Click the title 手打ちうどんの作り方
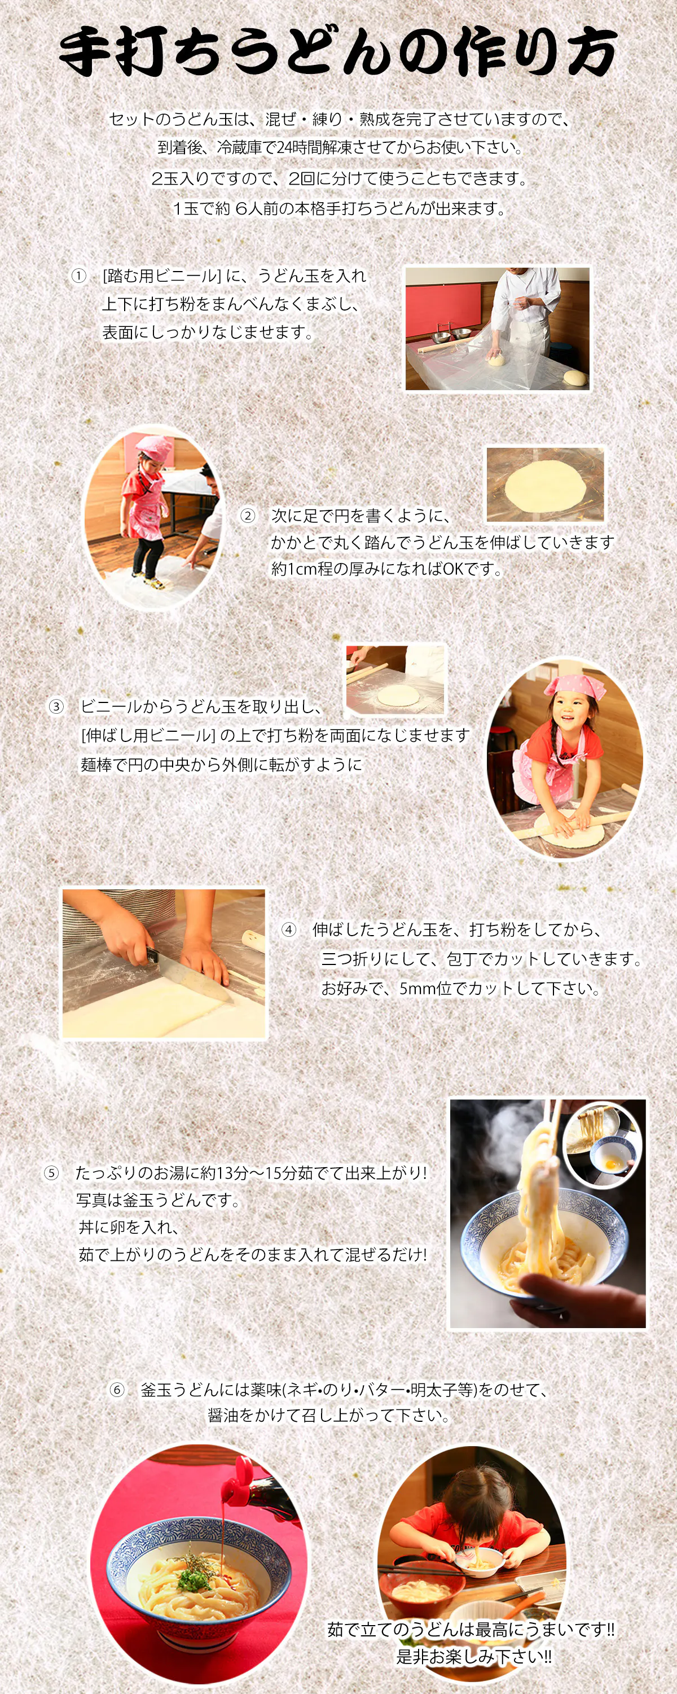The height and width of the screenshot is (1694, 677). click(x=338, y=51)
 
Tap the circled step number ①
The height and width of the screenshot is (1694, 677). click(x=79, y=276)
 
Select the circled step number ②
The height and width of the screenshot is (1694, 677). click(x=248, y=516)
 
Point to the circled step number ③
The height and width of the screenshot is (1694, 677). click(x=56, y=707)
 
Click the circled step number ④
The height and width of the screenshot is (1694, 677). click(x=289, y=929)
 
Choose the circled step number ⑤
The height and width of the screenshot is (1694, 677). click(x=51, y=1172)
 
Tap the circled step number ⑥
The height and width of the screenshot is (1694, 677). click(x=117, y=1390)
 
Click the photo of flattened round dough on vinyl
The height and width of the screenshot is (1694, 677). click(x=545, y=484)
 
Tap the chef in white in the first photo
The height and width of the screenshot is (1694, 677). click(x=526, y=309)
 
